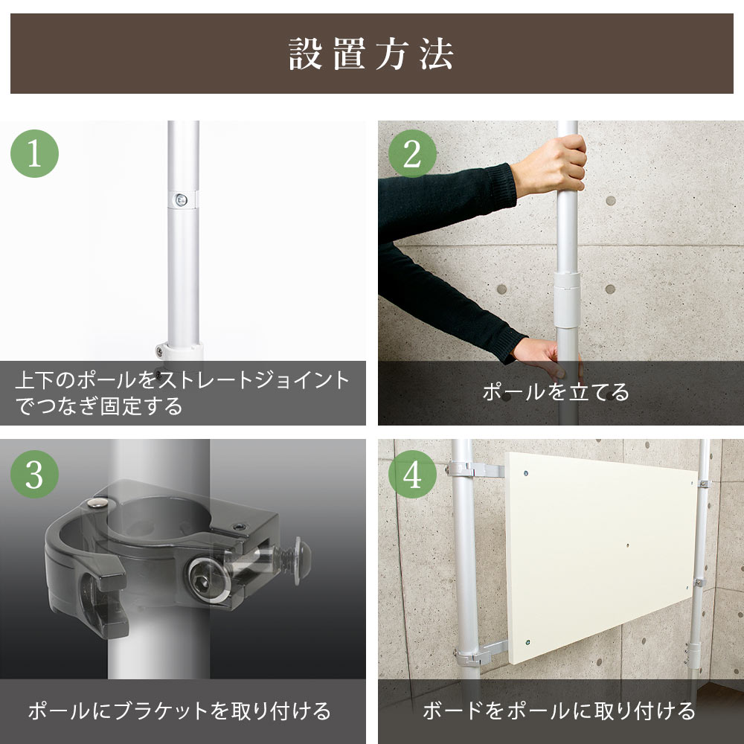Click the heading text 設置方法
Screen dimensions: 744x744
371,54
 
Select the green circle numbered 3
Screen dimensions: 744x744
34,474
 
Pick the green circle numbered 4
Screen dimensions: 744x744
412,474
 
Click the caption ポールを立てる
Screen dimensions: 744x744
555,392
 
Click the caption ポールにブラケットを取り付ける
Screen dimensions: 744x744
179,711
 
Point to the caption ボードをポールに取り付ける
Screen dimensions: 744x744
559,711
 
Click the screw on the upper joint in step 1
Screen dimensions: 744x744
180,199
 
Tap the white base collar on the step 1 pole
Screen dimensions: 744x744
181,350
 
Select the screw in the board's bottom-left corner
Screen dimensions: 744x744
527,641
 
